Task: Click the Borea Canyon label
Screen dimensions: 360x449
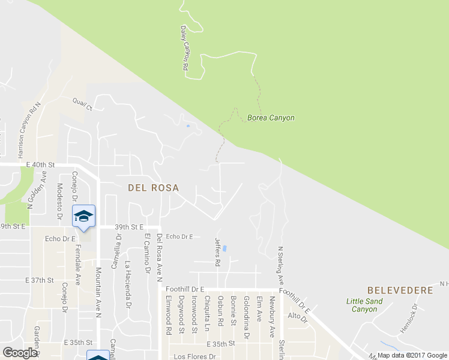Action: coord(271,118)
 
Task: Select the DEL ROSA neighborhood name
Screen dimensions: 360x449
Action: coord(154,188)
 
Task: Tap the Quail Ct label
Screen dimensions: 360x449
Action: coord(83,104)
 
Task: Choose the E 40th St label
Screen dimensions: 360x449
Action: coord(40,164)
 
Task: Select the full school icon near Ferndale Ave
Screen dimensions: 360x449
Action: coord(83,216)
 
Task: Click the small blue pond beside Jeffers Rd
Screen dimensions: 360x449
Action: coord(224,248)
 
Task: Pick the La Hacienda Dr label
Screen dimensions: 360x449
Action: coord(127,284)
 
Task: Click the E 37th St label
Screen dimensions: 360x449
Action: coord(40,280)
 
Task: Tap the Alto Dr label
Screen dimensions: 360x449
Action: coord(297,316)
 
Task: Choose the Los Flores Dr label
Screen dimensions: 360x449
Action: coord(194,356)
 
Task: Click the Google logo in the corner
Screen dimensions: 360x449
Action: coord(20,353)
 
